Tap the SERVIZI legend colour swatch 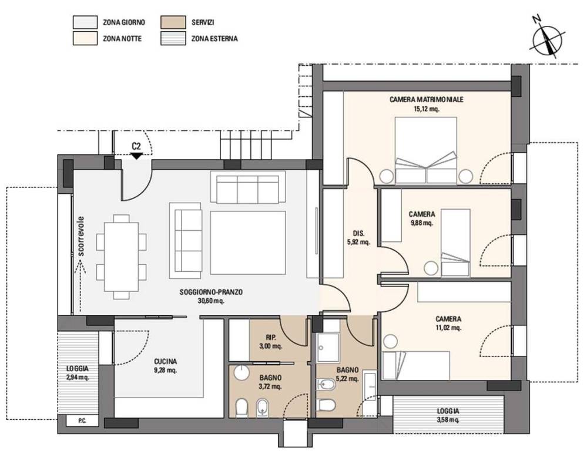pos(173,22)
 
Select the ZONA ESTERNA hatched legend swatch pos(173,39)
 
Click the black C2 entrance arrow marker pos(137,156)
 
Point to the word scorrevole pos(81,236)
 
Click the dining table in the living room pos(121,257)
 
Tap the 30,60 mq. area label pos(211,301)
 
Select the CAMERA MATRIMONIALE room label pos(427,100)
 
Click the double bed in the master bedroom pos(426,150)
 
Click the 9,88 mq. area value pos(422,223)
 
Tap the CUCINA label pos(165,362)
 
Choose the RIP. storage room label pos(271,337)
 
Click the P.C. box pos(82,420)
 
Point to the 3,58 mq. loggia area pos(448,419)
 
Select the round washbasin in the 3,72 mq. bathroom pos(242,373)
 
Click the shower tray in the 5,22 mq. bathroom pos(328,348)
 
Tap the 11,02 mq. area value pos(448,328)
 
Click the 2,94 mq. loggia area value pos(78,377)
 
